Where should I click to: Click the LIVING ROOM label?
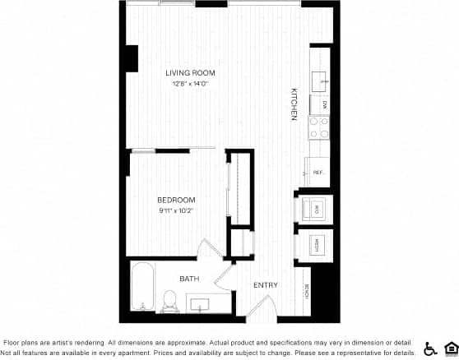(191, 73)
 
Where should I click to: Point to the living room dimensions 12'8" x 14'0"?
(191, 84)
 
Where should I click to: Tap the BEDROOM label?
(177, 200)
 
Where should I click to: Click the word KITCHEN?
(293, 104)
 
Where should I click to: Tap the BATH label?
(190, 279)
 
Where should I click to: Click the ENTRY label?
(265, 285)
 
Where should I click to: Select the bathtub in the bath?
(143, 287)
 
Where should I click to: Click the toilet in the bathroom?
(170, 302)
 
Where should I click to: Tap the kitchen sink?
(322, 80)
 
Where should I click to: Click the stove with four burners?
(318, 127)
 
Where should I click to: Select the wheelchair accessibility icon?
(431, 348)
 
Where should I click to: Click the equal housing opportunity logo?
(450, 348)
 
